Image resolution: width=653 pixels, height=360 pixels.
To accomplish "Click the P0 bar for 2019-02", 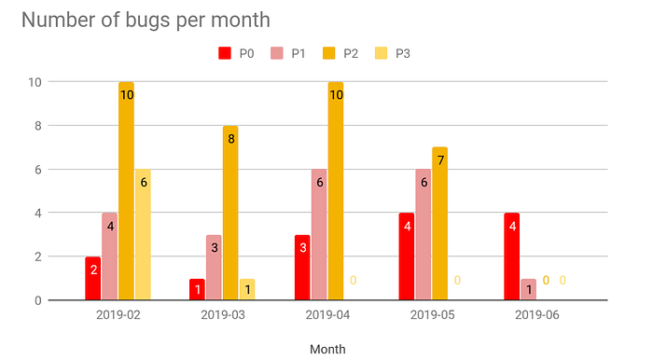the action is [93, 278].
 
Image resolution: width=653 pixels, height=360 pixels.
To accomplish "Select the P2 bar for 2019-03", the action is [230, 213].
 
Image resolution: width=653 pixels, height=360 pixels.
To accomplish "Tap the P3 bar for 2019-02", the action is [143, 234].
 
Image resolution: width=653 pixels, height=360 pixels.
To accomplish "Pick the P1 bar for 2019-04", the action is [319, 234].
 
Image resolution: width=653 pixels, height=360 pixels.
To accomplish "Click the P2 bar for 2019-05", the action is [439, 223].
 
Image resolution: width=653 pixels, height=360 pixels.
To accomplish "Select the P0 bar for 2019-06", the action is [512, 256].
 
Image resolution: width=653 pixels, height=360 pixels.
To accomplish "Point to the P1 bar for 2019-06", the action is [529, 289].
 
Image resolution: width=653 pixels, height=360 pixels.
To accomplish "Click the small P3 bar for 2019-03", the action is [247, 289].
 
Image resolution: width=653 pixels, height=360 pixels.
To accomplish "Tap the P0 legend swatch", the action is [225, 53].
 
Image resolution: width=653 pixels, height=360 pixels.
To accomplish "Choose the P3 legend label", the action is [403, 54].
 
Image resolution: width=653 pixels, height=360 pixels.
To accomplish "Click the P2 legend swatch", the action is [329, 53].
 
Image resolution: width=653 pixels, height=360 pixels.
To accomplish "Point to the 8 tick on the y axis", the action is [38, 126].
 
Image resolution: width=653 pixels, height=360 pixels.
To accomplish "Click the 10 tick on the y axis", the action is [35, 82].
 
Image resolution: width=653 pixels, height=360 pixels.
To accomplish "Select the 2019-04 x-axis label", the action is [327, 315].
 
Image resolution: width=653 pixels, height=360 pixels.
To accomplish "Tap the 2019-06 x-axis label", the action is [536, 315].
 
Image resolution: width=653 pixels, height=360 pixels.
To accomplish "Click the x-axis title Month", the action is [327, 349].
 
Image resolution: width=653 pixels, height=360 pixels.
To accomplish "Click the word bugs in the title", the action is [148, 21].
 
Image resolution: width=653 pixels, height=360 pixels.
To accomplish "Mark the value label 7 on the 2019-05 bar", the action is [440, 160].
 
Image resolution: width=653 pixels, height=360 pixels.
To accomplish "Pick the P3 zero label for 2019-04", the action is [354, 281].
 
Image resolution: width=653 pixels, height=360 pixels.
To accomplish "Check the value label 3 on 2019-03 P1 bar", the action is [215, 248].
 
